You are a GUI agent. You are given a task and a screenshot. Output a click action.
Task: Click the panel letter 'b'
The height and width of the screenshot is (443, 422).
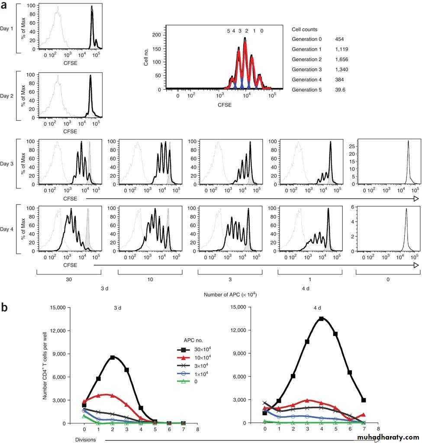point(5,307)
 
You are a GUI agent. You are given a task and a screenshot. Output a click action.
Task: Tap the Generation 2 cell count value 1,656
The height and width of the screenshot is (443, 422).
point(341,59)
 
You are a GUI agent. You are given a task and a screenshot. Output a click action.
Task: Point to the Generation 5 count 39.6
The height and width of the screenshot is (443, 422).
point(341,90)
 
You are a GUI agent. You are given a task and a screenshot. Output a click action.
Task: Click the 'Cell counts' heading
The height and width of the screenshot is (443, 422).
point(305,29)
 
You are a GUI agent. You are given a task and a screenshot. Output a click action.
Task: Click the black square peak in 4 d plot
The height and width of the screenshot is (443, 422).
point(321,319)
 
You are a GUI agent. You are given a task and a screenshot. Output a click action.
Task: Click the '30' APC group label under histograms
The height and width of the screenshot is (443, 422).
point(69,280)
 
